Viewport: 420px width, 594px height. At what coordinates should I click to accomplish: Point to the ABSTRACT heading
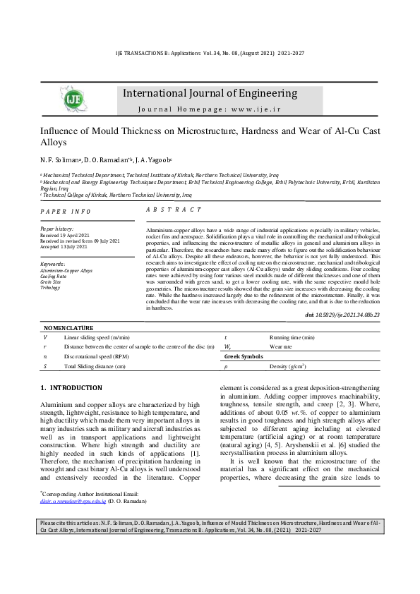tap(174, 210)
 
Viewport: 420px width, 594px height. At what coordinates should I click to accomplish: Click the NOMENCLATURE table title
tap(68, 328)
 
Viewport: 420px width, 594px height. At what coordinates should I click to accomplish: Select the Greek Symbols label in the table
tap(244, 357)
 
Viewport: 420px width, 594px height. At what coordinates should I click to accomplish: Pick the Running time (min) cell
tap(292, 338)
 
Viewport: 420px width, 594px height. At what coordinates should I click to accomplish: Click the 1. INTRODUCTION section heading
tap(71, 388)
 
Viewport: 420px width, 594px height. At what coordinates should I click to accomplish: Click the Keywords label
tap(54, 264)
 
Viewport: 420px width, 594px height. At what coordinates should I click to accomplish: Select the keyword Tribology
tap(50, 288)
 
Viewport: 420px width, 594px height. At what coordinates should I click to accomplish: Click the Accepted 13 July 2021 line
tap(64, 247)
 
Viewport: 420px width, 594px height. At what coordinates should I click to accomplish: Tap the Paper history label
tap(56, 229)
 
